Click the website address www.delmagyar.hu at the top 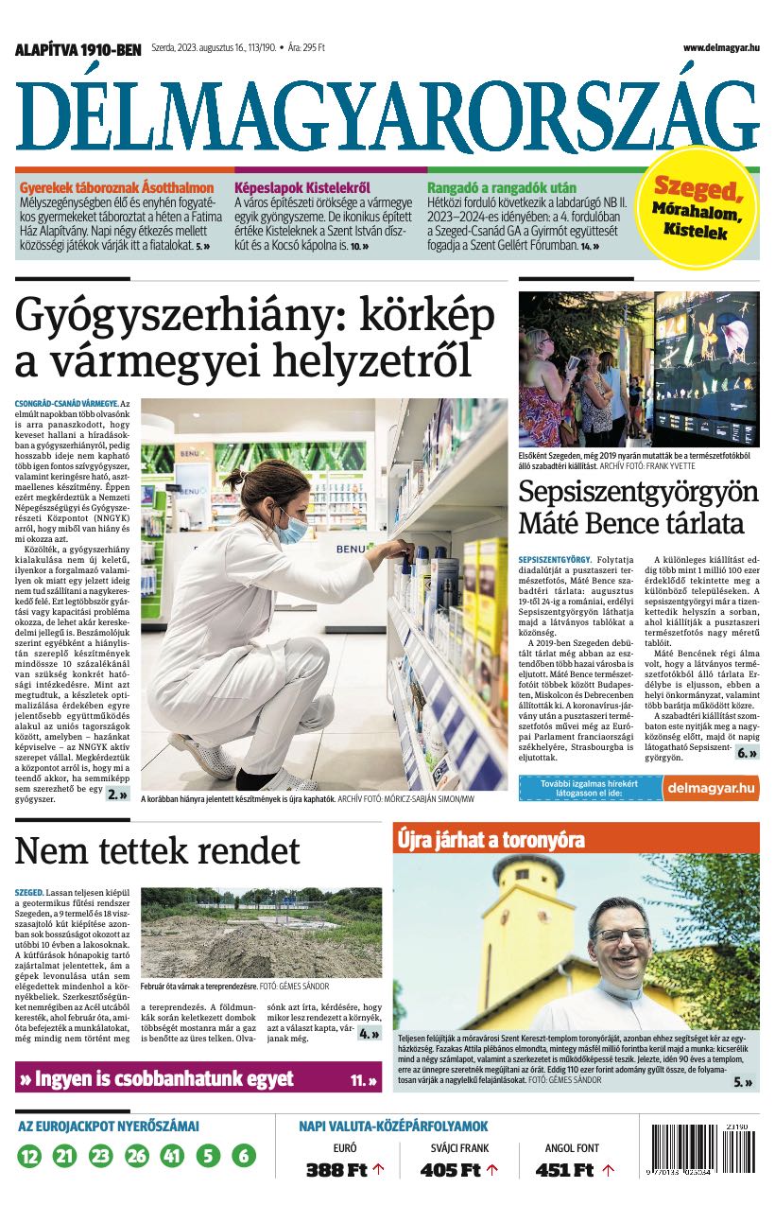click(721, 47)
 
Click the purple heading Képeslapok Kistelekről click(301, 187)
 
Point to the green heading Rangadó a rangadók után click(502, 187)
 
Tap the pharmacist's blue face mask click(292, 527)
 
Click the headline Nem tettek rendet click(157, 850)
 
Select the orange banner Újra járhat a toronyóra click(491, 840)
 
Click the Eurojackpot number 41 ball click(172, 1155)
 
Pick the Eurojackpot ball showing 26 click(137, 1155)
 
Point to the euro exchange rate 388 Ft click(336, 1170)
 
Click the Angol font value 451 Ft click(565, 1170)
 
